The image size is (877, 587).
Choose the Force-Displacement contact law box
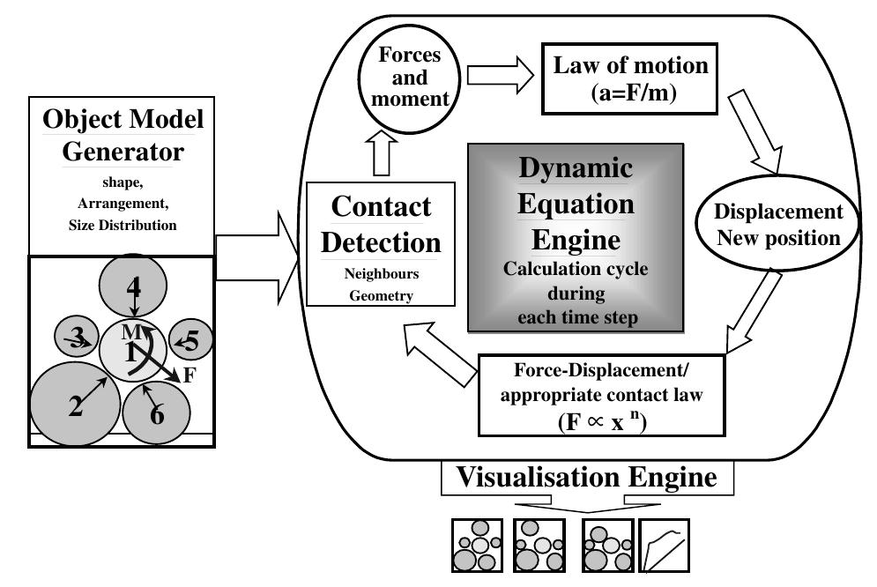coord(601,394)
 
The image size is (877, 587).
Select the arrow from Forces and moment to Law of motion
coord(499,76)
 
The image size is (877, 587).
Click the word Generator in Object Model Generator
coord(122,152)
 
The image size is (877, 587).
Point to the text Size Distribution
coord(122,226)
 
